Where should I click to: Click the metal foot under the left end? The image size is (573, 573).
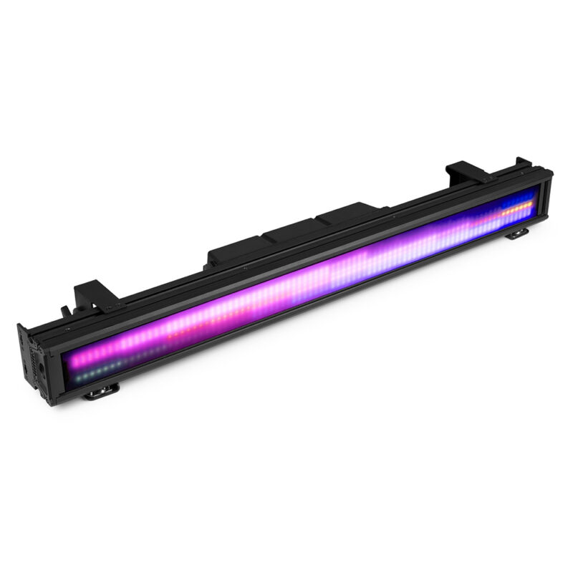tap(102, 390)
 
